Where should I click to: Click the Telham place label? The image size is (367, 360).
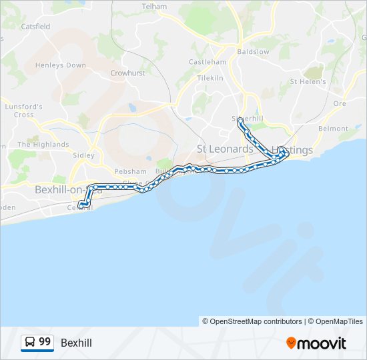pos(154,6)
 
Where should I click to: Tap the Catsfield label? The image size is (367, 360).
pos(35,27)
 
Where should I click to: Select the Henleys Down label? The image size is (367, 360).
pos(61,65)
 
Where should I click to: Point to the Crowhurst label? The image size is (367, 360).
pos(127,73)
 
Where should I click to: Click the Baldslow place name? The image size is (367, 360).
pos(253,51)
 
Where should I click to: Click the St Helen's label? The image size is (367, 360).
pos(308,82)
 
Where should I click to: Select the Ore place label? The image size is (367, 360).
pos(340,103)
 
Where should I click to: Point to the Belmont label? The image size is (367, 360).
pos(334,128)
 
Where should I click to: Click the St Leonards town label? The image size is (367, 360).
pos(225,149)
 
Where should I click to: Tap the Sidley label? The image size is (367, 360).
pos(83,155)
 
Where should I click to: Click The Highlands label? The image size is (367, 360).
pos(43,144)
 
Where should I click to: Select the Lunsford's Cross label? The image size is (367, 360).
pos(23,110)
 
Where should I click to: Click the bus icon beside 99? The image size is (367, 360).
pos(30,342)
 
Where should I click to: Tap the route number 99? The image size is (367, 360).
pos(45,342)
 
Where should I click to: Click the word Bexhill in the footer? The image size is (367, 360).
pos(76,343)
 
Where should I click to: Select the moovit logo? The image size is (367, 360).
pos(316,343)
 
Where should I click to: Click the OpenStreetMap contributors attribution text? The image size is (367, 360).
pos(252,321)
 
